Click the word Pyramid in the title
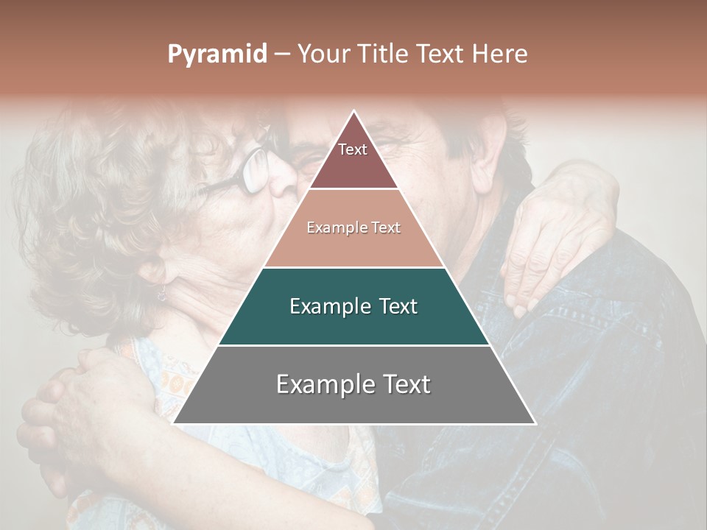click(x=217, y=54)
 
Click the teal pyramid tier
click(x=353, y=306)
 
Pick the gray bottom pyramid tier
click(x=353, y=385)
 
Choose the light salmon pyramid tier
click(x=353, y=228)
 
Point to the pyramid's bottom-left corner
click(x=174, y=424)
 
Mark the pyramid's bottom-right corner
click(x=535, y=424)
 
